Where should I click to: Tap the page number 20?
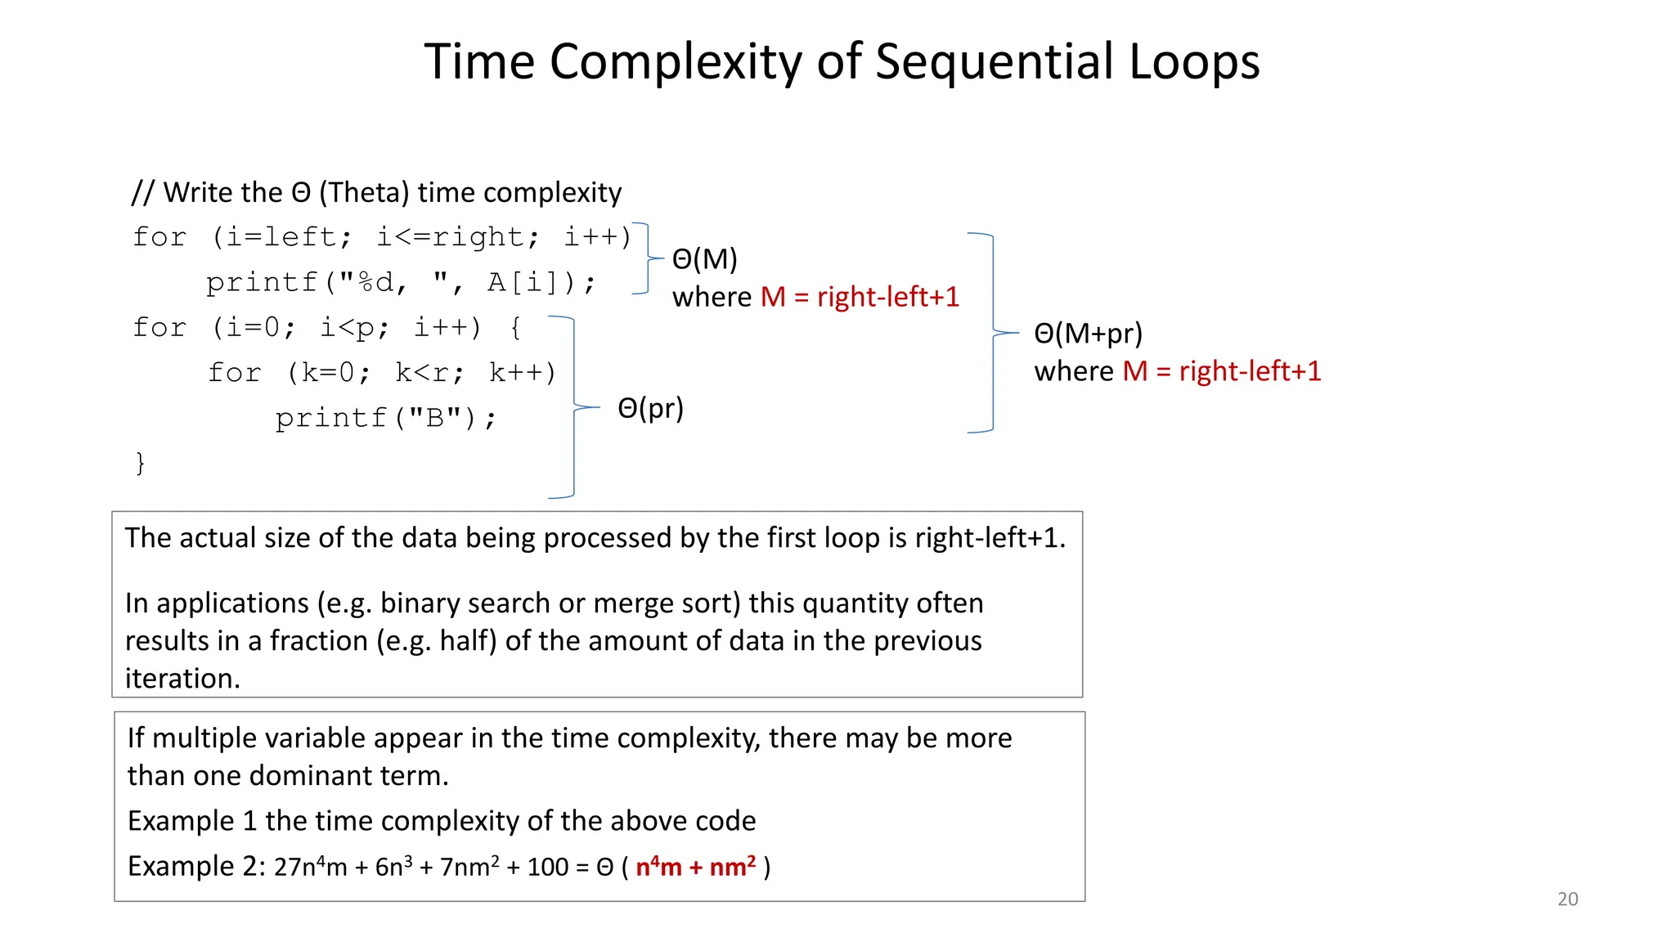tap(1567, 899)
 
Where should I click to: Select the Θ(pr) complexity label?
tap(650, 408)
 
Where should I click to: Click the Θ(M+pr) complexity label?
tap(1088, 334)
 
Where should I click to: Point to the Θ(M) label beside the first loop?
tap(704, 259)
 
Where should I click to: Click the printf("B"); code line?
tap(385, 419)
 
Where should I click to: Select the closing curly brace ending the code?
tap(140, 463)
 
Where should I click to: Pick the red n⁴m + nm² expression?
tap(695, 867)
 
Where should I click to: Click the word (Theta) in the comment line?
tap(364, 193)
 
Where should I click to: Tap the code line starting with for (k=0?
tap(381, 373)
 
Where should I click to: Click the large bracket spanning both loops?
tap(992, 333)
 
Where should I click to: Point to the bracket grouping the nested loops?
tap(573, 406)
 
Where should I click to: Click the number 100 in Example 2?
tap(547, 867)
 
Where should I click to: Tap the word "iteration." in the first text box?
tap(182, 679)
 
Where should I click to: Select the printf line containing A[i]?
tap(401, 283)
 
